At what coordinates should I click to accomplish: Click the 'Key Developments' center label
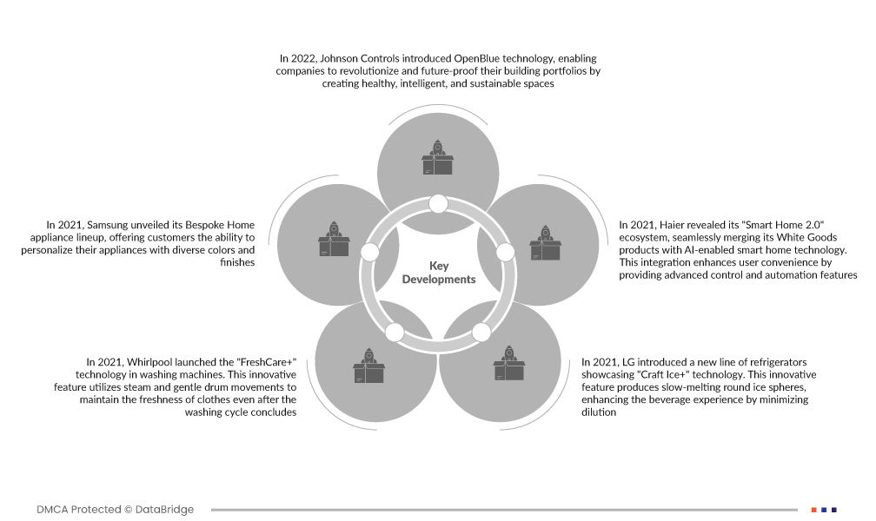point(439,273)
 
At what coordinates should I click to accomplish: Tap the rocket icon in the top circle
point(437,157)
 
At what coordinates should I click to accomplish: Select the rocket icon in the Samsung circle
point(334,239)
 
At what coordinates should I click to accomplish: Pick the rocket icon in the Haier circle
point(545,243)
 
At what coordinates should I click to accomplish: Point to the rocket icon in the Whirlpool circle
point(368,366)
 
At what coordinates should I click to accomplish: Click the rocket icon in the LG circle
point(508,363)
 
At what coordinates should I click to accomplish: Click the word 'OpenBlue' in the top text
point(476,59)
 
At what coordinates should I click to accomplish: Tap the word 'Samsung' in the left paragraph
point(107,226)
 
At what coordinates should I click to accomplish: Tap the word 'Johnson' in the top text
point(339,59)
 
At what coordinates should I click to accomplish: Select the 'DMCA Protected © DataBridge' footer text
point(115,509)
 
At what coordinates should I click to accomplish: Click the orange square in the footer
point(814,510)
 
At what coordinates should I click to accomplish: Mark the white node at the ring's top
point(438,204)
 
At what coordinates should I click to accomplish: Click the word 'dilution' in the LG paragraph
point(599,412)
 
